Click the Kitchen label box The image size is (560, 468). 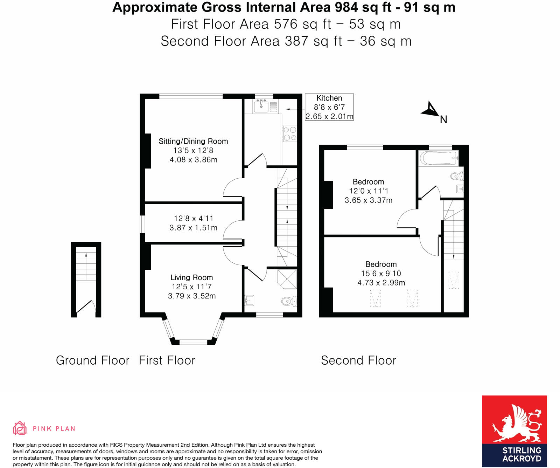click(329, 107)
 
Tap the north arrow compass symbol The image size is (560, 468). click(430, 110)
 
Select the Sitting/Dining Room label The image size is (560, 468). click(193, 141)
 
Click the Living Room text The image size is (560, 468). click(191, 277)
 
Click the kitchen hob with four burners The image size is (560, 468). click(290, 134)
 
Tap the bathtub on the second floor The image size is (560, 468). click(439, 158)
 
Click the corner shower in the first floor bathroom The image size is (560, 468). click(287, 279)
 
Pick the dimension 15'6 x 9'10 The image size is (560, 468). click(381, 274)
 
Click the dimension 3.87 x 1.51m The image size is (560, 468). click(193, 228)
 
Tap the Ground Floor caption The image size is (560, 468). click(92, 360)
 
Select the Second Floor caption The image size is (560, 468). click(358, 360)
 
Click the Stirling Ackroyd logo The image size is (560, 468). click(514, 431)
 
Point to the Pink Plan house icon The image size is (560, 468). click(20, 428)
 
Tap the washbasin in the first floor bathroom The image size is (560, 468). click(250, 300)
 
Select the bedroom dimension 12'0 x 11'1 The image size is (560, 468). click(369, 191)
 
